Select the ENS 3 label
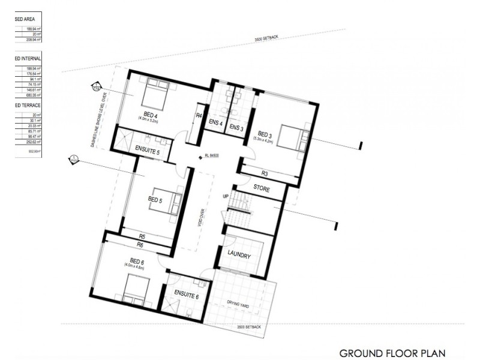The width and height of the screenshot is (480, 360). (x=237, y=128)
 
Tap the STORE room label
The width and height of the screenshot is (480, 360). (x=261, y=189)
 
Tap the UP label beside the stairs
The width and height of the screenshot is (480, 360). (x=226, y=196)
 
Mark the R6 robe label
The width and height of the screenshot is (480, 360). (x=140, y=245)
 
